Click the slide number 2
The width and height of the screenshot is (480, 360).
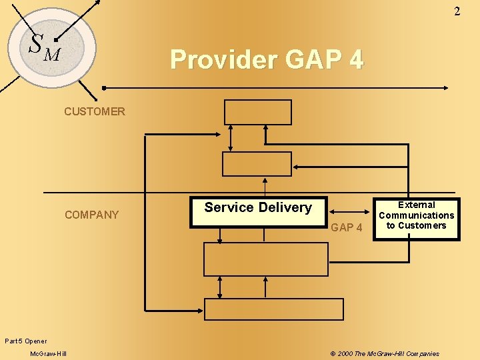click(x=457, y=11)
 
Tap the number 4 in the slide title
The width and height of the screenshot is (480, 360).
click(x=355, y=59)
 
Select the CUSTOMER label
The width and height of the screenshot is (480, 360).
click(x=94, y=111)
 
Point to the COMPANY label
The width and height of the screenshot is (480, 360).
click(x=91, y=215)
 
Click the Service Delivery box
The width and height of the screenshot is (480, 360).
click(x=258, y=211)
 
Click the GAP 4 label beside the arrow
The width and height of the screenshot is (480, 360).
click(x=347, y=227)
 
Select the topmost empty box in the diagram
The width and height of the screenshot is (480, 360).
click(x=258, y=112)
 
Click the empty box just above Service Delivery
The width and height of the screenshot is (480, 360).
click(x=257, y=163)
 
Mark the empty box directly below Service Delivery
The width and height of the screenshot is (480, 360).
click(x=265, y=259)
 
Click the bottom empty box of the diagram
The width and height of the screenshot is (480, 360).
click(x=273, y=309)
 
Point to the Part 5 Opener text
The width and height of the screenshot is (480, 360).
click(x=25, y=341)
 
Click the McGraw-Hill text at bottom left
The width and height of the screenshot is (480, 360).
click(x=48, y=353)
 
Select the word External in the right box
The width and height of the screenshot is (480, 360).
click(x=416, y=205)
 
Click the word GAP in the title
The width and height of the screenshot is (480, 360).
click(x=313, y=59)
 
